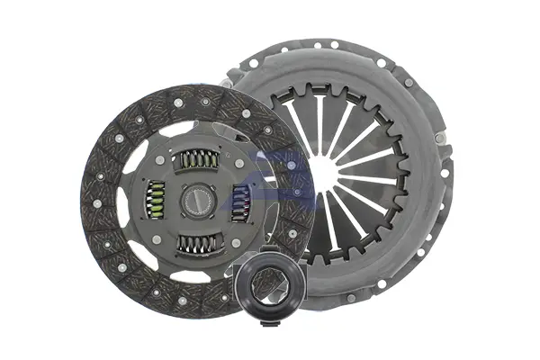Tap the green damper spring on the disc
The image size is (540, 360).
click(156, 200)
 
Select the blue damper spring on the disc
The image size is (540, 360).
click(240, 199)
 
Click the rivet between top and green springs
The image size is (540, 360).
click(160, 161)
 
